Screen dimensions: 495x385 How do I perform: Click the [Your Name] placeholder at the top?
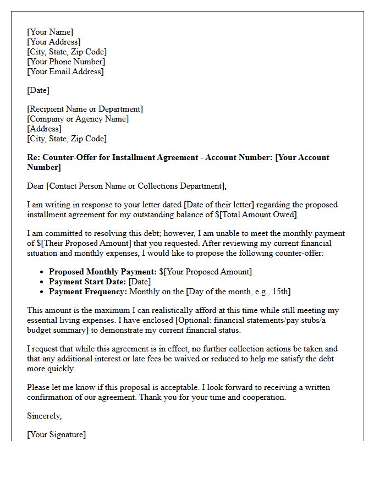pyautogui.click(x=50, y=32)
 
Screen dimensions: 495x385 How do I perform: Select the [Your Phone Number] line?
pyautogui.click(x=65, y=62)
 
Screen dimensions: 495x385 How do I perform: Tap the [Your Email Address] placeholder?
pyautogui.click(x=65, y=71)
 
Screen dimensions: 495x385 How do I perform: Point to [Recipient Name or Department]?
pyautogui.click(x=85, y=109)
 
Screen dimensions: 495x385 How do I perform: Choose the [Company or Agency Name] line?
pyautogui.click(x=78, y=119)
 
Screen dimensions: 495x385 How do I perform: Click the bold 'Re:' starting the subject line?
pyautogui.click(x=34, y=157)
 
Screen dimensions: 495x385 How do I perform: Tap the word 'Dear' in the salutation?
pyautogui.click(x=36, y=186)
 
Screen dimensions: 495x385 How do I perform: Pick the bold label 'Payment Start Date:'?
pyautogui.click(x=87, y=282)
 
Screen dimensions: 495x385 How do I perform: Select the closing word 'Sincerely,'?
pyautogui.click(x=44, y=416)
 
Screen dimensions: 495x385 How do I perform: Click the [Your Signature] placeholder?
pyautogui.click(x=56, y=435)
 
